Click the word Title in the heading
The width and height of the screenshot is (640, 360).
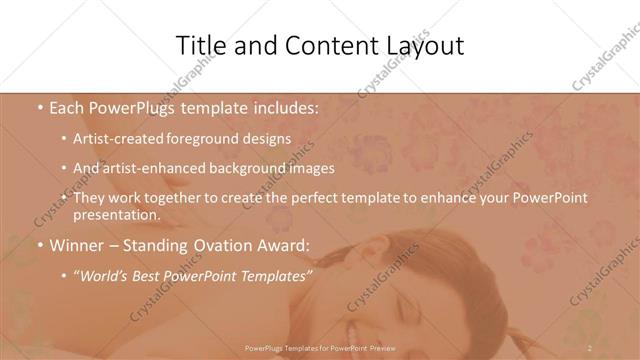(x=200, y=46)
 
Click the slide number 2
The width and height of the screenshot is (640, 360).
(x=590, y=348)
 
